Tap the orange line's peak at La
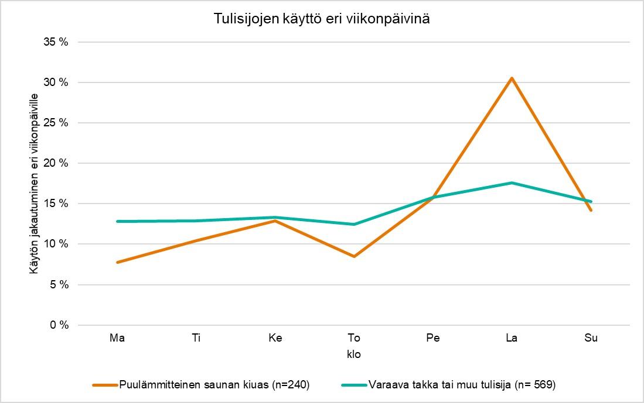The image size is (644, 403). pyautogui.click(x=512, y=78)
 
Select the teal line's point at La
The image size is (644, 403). pyautogui.click(x=512, y=182)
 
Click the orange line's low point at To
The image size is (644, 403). pyautogui.click(x=354, y=256)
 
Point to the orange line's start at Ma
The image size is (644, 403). pyautogui.click(x=118, y=262)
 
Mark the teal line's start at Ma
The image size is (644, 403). pyautogui.click(x=118, y=221)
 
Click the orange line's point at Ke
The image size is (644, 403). pyautogui.click(x=275, y=221)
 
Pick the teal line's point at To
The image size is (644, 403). pyautogui.click(x=354, y=224)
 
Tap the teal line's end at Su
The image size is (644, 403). pyautogui.click(x=591, y=201)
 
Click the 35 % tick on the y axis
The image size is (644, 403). pyautogui.click(x=57, y=42)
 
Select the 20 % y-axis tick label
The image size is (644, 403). pyautogui.click(x=57, y=163)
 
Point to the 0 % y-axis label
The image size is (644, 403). pyautogui.click(x=59, y=325)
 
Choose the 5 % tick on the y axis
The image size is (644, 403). pyautogui.click(x=59, y=285)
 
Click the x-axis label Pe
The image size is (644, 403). pyautogui.click(x=433, y=338)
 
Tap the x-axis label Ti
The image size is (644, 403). pyautogui.click(x=196, y=338)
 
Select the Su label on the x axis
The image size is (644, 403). pyautogui.click(x=591, y=338)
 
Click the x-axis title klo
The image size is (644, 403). pyautogui.click(x=354, y=354)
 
